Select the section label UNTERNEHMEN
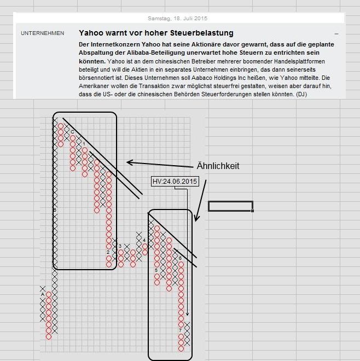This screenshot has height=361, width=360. (x=42, y=33)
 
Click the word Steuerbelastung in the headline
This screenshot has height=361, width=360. (x=200, y=33)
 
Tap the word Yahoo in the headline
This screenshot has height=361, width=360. (x=91, y=33)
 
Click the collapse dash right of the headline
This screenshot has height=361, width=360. (x=336, y=34)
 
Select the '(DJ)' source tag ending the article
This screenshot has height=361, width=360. (x=301, y=95)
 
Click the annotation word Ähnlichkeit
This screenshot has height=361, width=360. (x=218, y=166)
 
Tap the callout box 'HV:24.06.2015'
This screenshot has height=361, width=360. (x=174, y=181)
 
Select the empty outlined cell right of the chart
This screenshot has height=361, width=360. (x=230, y=206)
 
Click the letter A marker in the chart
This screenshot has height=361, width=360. (x=43, y=294)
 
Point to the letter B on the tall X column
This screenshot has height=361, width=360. (x=55, y=209)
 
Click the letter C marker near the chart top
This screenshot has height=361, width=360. (x=73, y=132)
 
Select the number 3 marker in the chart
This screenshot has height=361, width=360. (x=120, y=246)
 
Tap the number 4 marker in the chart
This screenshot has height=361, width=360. (x=144, y=240)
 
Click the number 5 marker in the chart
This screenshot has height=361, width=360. (x=156, y=270)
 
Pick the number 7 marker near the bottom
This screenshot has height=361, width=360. (x=181, y=330)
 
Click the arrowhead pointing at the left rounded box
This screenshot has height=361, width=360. (x=129, y=162)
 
